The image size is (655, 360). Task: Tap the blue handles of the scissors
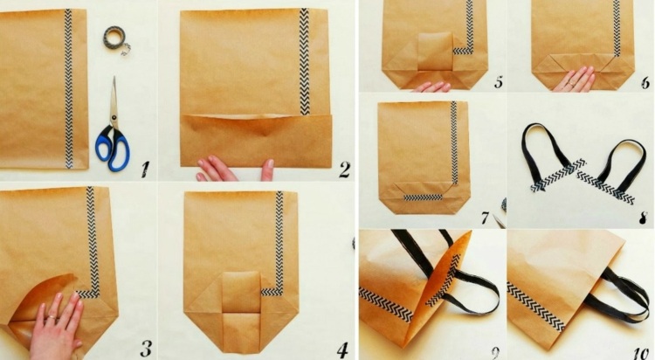coord(112,149)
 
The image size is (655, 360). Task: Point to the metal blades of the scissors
coord(114,100)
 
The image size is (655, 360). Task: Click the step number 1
coord(145,169)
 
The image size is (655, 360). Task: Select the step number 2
coord(345,170)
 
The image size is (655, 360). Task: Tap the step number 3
coord(146,348)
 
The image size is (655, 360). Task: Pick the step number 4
coord(342,350)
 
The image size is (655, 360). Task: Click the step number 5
coord(499,82)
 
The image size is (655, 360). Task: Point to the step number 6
coord(645,82)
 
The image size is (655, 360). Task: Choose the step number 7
coord(485,218)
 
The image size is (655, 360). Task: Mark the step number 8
coord(644,218)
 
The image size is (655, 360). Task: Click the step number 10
coord(640,353)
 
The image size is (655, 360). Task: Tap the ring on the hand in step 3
coord(51,319)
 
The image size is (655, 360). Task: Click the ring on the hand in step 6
coord(570,83)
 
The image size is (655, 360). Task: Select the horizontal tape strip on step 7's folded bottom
coord(423,197)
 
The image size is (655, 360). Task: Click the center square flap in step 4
coord(241,293)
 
